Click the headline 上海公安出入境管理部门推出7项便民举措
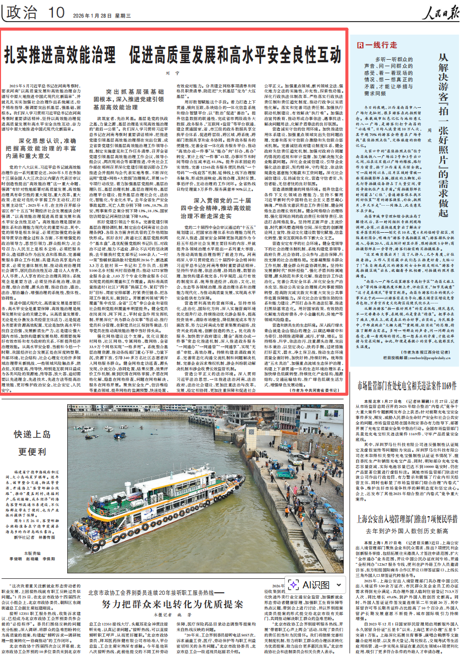(407, 515)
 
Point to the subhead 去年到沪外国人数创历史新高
(407, 529)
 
